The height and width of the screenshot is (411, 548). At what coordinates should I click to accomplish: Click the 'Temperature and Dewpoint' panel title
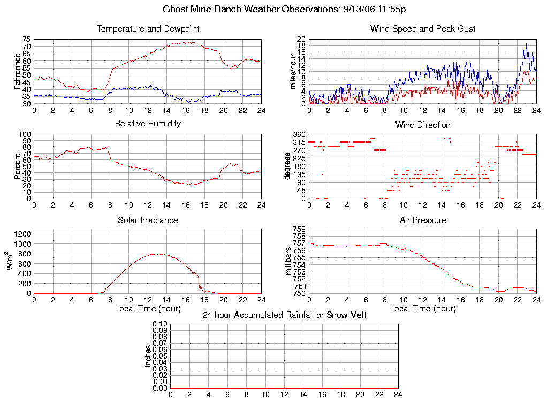tap(148, 29)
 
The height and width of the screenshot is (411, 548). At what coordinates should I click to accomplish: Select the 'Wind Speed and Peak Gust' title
tap(423, 29)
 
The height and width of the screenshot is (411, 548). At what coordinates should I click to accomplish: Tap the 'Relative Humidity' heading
tap(148, 124)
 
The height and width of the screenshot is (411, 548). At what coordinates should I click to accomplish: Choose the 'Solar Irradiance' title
tap(148, 220)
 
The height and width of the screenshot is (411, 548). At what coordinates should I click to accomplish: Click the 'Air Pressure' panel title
tap(423, 220)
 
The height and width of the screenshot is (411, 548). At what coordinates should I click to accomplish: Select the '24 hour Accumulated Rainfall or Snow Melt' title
tap(284, 315)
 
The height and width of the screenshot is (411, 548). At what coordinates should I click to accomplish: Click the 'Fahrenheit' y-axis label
tap(18, 71)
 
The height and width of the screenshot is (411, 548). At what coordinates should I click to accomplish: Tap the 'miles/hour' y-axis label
tap(293, 71)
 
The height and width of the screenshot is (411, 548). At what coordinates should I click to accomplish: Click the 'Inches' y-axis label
tap(148, 356)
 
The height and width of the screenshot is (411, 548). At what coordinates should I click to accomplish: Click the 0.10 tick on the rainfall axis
tap(160, 324)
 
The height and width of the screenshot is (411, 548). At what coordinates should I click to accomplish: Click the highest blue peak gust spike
tap(527, 43)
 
